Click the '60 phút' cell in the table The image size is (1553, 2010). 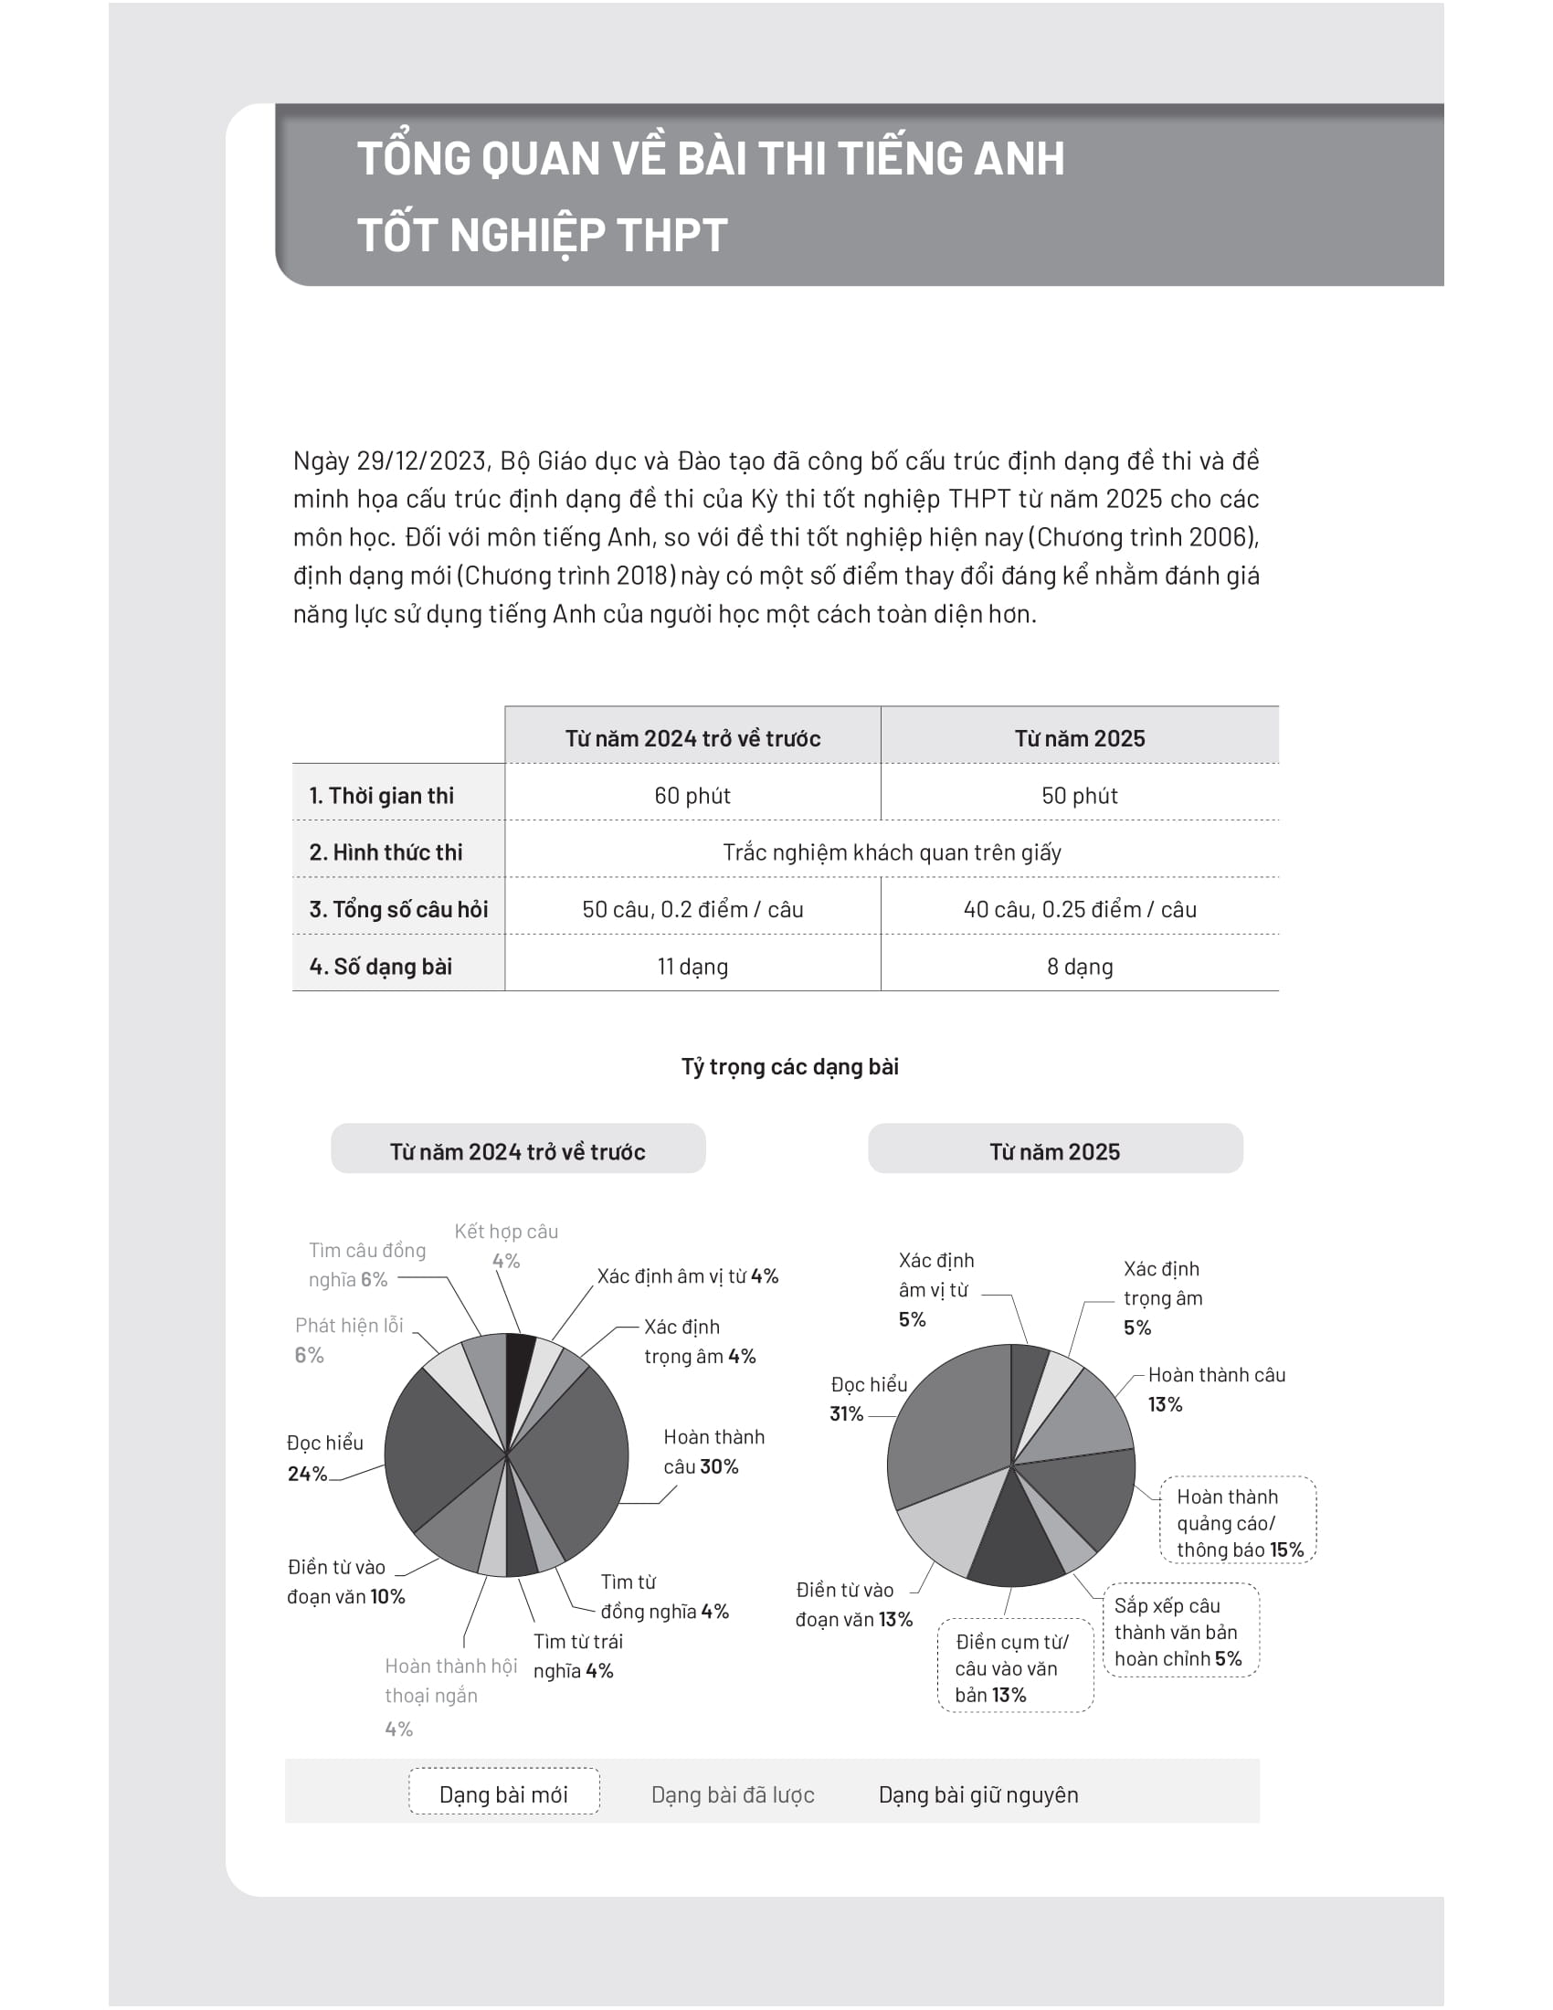click(x=692, y=795)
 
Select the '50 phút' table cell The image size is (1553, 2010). click(x=1078, y=795)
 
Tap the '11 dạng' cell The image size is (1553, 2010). click(x=692, y=967)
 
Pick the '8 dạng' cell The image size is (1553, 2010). click(x=1078, y=967)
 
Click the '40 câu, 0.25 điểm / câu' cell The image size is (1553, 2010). click(x=1078, y=909)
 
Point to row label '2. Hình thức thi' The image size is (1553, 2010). click(x=386, y=852)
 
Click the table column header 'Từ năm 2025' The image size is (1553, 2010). click(x=1078, y=738)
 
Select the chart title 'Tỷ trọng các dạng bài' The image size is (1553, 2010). click(x=789, y=1066)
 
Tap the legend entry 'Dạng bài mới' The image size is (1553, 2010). click(x=503, y=1794)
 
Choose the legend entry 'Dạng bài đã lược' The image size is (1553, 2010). click(x=733, y=1794)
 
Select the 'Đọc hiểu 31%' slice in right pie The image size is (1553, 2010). click(x=947, y=1435)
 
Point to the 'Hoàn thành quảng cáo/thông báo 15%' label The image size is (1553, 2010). click(x=1239, y=1523)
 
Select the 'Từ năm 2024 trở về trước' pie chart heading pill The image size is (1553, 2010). click(x=517, y=1151)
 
